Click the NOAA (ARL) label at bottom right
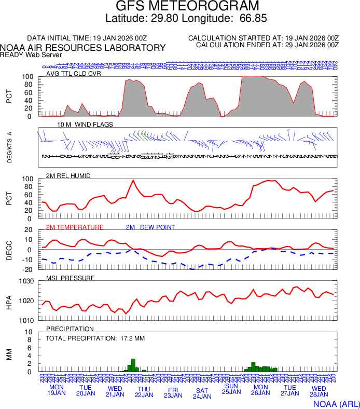(x=335, y=403)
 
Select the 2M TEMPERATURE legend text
(x=75, y=227)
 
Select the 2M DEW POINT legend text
(x=150, y=227)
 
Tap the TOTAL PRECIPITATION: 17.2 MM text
(x=95, y=338)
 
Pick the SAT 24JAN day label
(x=202, y=393)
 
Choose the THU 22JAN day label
(x=144, y=392)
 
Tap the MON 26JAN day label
(x=260, y=390)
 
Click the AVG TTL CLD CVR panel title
(x=74, y=73)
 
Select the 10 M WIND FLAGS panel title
(x=85, y=125)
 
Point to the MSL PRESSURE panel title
(x=71, y=278)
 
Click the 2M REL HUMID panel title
(x=68, y=176)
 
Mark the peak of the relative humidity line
(x=133, y=180)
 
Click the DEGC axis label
(x=9, y=250)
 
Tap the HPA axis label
(x=9, y=301)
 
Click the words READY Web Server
(x=31, y=54)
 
